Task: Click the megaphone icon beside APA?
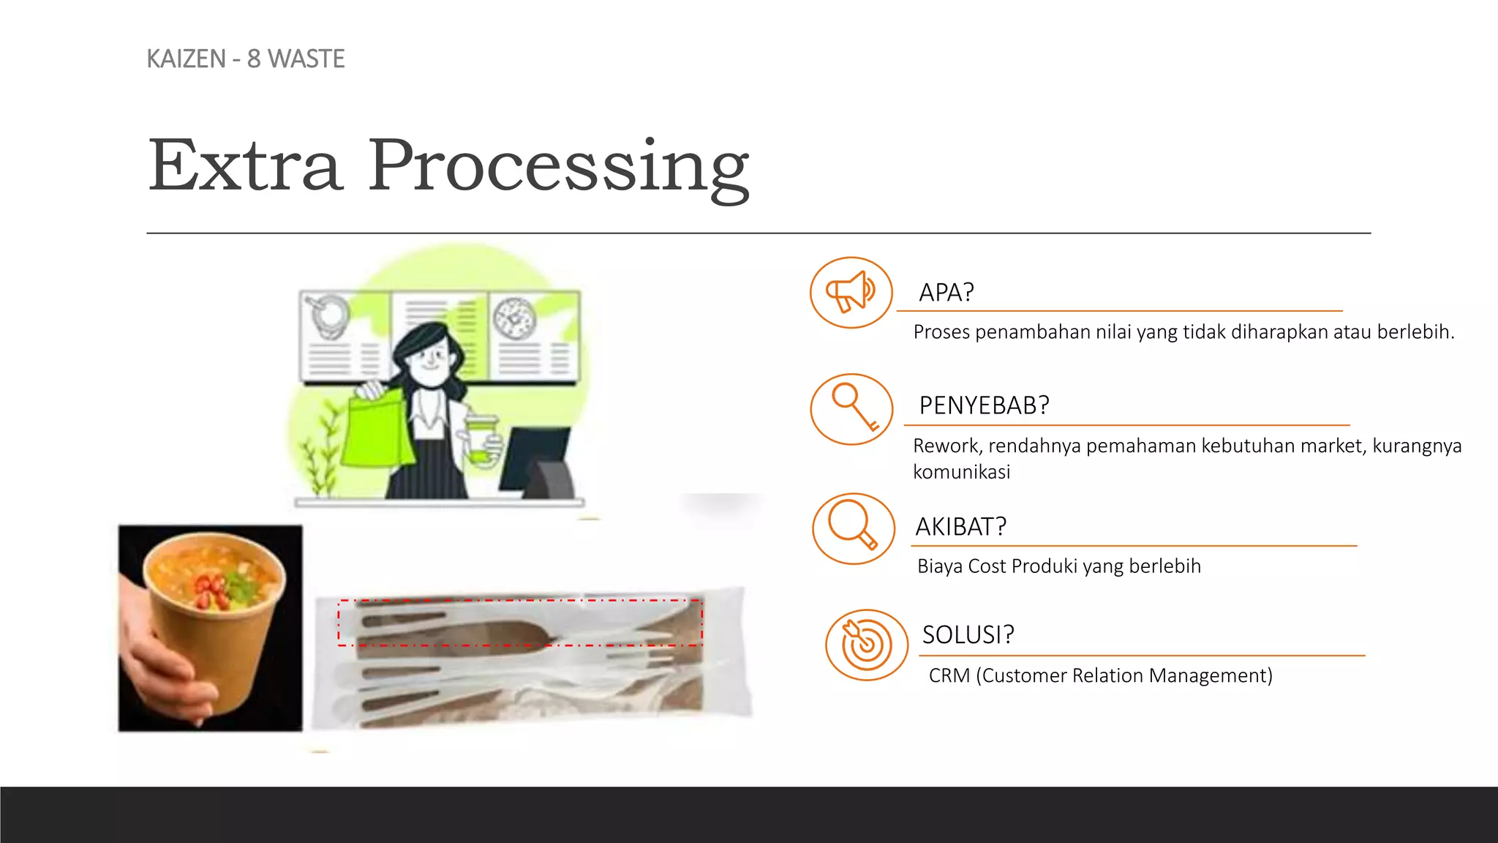(x=851, y=292)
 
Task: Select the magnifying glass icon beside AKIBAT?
(x=852, y=527)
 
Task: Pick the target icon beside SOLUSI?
(x=866, y=645)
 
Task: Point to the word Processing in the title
(x=558, y=168)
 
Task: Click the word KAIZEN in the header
(x=186, y=59)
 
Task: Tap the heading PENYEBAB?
(x=984, y=405)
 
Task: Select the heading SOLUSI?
(x=968, y=634)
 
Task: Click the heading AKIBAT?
(x=960, y=527)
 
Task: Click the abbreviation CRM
(x=949, y=675)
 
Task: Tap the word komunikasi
(x=961, y=472)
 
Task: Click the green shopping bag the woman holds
(x=376, y=432)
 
